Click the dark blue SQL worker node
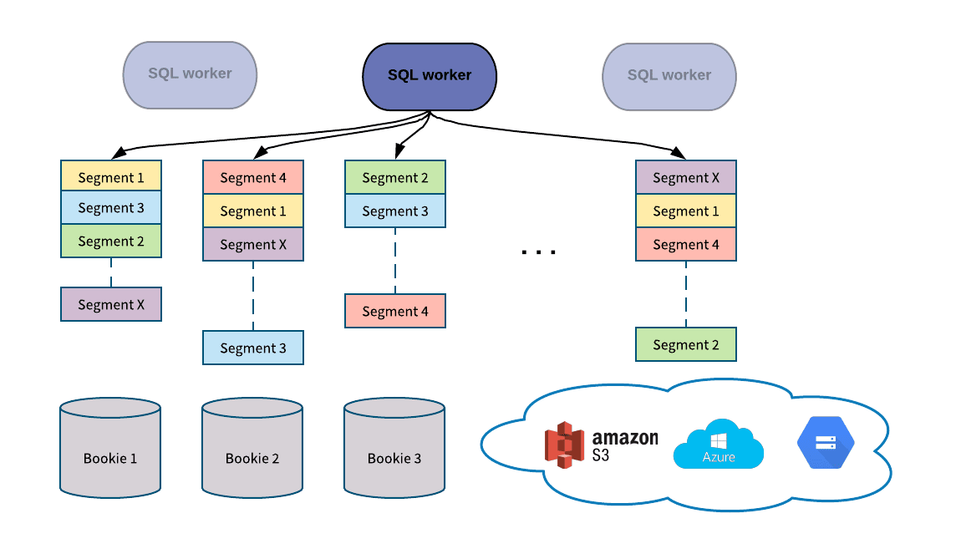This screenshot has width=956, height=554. pos(430,76)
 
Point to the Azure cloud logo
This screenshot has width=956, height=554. pos(719,445)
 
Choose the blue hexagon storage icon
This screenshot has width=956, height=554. pos(826,442)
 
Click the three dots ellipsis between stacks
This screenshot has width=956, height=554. pos(538,251)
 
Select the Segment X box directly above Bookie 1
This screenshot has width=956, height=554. pos(111,305)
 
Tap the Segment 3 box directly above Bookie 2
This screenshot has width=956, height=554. pos(253,348)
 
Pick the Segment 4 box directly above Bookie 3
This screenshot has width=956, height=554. pos(395,312)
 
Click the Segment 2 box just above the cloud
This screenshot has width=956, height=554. pos(686,345)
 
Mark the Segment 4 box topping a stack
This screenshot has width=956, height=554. pos(253,178)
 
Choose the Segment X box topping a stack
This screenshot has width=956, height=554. pos(686,178)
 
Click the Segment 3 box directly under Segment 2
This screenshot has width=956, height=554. pos(395,211)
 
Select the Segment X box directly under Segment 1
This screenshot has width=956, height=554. pos(253,245)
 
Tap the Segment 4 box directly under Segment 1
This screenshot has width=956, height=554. pos(686,245)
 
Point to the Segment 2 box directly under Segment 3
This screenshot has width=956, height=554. pos(111,241)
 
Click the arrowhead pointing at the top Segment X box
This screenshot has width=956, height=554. pos(679,154)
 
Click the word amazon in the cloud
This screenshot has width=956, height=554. pos(625,439)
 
